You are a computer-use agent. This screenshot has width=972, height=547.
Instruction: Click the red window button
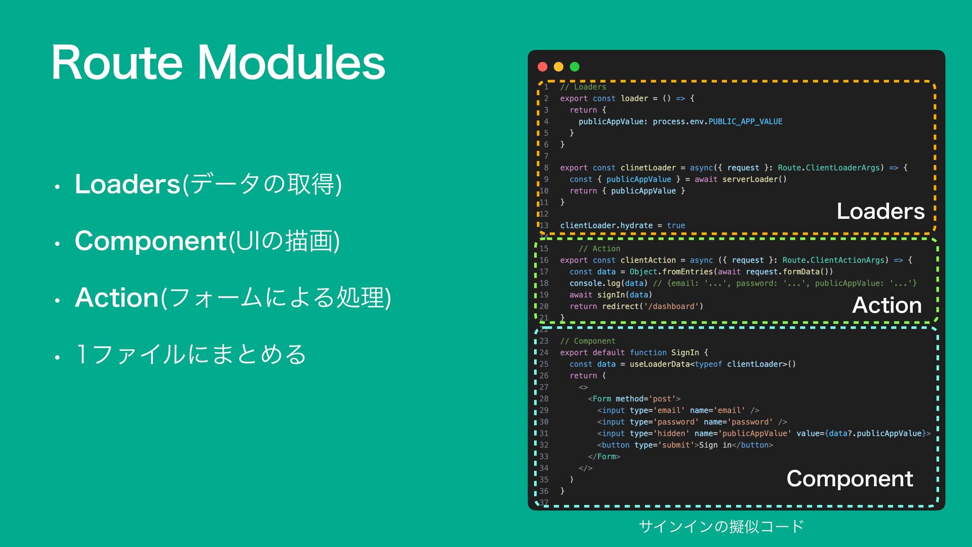tap(543, 67)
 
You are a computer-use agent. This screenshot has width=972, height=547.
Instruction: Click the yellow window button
tap(558, 67)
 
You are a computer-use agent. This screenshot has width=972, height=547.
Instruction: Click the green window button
tap(575, 67)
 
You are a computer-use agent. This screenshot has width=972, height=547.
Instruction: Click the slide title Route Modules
tap(218, 63)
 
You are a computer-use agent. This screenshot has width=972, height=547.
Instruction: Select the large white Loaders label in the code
tap(880, 211)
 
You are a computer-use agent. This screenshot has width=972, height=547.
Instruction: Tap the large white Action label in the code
tap(886, 305)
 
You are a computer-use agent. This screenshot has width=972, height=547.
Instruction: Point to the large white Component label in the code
tap(849, 479)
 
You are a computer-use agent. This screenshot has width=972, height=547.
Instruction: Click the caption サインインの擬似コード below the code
tap(721, 527)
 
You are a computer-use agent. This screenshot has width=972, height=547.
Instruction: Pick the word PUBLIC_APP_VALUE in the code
tap(745, 122)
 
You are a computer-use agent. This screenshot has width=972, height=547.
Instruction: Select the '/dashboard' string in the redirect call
tap(671, 306)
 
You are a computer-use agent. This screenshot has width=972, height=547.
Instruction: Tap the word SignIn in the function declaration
tap(685, 353)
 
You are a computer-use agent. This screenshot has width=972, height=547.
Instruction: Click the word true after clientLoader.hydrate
tap(676, 225)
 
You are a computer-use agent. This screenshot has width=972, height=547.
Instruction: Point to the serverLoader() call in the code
tap(754, 179)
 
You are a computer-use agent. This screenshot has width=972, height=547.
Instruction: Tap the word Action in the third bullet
tap(117, 297)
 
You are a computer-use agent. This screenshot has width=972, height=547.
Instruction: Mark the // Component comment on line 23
tap(588, 341)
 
